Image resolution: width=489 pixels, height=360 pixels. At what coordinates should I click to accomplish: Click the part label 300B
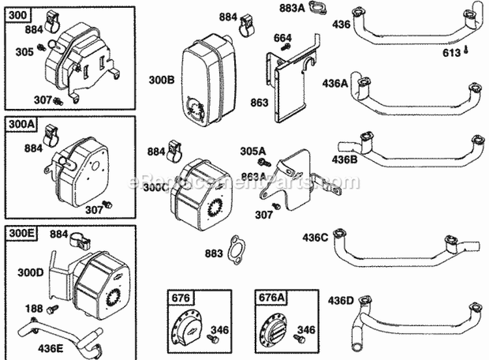coord(162,81)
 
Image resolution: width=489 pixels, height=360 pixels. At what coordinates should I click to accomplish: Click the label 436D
coord(341,301)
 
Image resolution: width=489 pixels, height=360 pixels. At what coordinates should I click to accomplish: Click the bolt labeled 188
coord(53,308)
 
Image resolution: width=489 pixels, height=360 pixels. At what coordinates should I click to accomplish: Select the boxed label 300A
coord(19,123)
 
